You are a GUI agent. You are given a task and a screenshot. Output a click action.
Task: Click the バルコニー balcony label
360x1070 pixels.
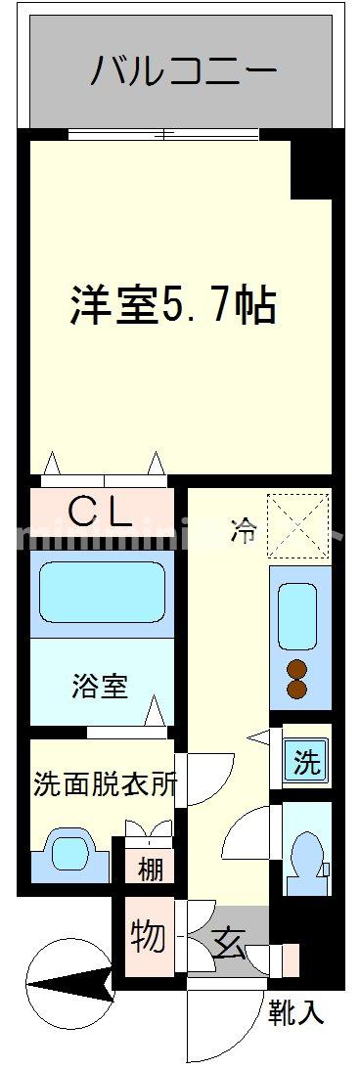[185, 70]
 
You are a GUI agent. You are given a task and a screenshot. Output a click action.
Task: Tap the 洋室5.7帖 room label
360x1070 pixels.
[172, 306]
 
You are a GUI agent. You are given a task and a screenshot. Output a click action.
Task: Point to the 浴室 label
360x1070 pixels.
[100, 686]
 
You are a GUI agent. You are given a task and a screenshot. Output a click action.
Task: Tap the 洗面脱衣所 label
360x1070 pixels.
[105, 783]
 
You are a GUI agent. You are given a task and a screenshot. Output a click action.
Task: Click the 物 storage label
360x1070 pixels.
[148, 937]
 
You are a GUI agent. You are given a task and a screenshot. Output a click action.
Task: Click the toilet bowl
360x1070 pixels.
[306, 856]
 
